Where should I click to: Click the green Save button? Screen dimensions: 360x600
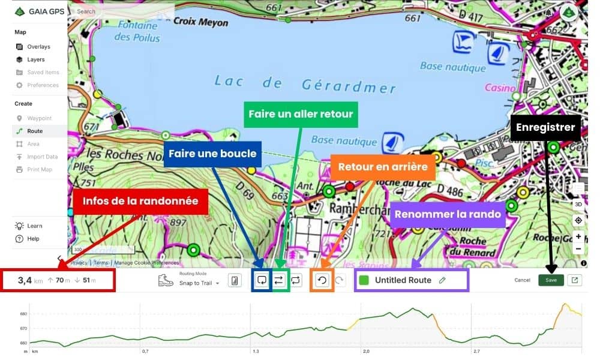tap(551, 280)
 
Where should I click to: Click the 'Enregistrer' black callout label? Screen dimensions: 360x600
tap(545, 127)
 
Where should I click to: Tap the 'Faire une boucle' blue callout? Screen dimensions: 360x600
tap(212, 154)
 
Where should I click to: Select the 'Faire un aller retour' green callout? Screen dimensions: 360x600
tap(300, 114)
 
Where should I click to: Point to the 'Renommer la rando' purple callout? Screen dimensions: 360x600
tap(447, 214)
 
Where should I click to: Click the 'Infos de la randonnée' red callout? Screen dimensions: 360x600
tap(140, 201)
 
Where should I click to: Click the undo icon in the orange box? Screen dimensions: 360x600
tap(322, 280)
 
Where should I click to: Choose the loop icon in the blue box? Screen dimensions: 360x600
tap(262, 280)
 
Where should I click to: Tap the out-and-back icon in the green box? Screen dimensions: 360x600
tap(279, 280)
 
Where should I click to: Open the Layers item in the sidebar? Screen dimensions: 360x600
tap(35, 59)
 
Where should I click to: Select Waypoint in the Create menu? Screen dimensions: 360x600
tap(39, 118)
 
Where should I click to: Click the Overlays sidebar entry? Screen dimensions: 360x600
tap(38, 47)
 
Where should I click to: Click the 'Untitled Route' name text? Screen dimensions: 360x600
tap(403, 280)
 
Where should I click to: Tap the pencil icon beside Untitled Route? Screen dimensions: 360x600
tap(442, 280)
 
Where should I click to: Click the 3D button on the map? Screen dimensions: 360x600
tap(578, 204)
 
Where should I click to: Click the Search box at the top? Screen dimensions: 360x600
tap(123, 11)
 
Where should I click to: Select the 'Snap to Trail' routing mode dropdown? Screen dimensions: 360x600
tap(199, 283)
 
